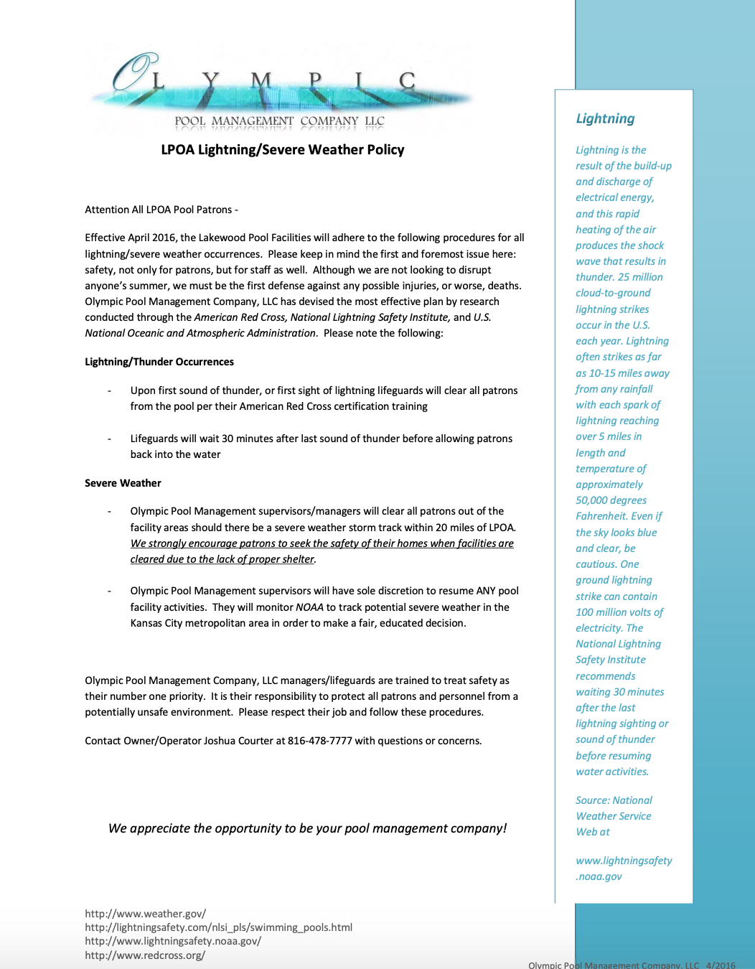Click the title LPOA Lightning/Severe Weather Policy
point(282,149)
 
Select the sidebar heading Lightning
point(605,118)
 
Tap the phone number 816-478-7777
point(319,741)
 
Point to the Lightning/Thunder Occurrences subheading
point(159,362)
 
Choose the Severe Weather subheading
point(123,483)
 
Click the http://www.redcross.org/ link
point(145,955)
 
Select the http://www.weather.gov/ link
point(145,914)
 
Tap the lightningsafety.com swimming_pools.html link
point(218,927)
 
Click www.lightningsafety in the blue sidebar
point(624,861)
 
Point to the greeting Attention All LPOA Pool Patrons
point(161,210)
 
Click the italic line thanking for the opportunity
point(307,828)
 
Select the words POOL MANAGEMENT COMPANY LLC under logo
point(279,121)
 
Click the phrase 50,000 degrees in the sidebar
point(611,500)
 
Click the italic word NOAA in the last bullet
point(309,607)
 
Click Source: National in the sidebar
point(614,800)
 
